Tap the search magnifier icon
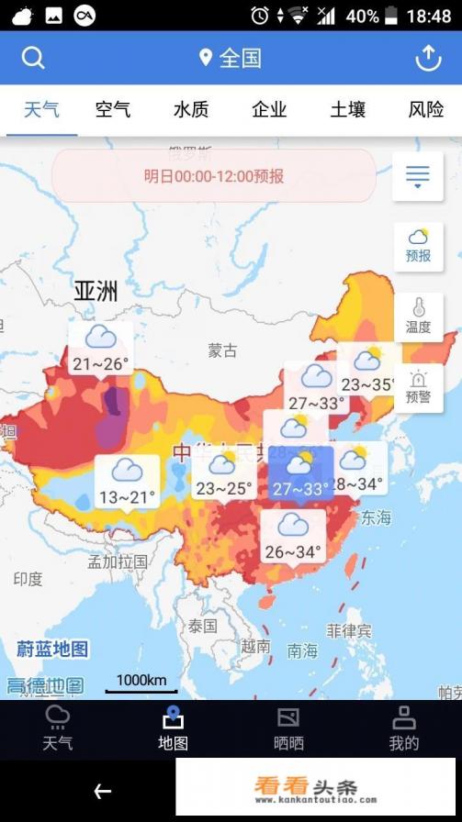[x=33, y=58]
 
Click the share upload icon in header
[x=428, y=58]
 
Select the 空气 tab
[x=113, y=110]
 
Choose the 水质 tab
[x=191, y=110]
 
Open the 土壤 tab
[x=348, y=110]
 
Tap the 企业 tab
[x=269, y=110]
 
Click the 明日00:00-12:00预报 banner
[x=214, y=175]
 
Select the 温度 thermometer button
[x=418, y=317]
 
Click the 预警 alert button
[x=418, y=387]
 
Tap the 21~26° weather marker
[x=100, y=349]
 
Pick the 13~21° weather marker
[x=127, y=483]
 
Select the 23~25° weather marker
[x=223, y=474]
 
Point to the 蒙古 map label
[x=222, y=350]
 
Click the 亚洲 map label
[x=96, y=292]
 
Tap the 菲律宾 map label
[x=349, y=631]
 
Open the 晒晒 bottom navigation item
[x=288, y=729]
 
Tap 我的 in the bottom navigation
[x=404, y=729]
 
